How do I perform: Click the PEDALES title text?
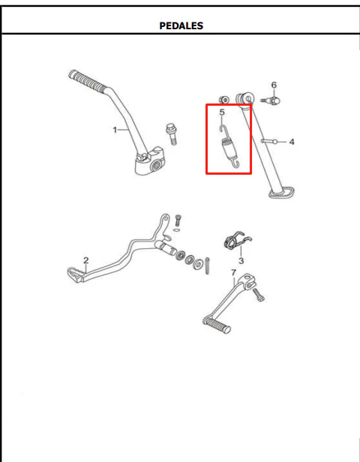(x=181, y=26)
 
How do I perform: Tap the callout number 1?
(x=115, y=130)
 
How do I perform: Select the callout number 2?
(x=85, y=260)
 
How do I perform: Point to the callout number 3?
(x=241, y=261)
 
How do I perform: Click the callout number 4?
(x=291, y=142)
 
